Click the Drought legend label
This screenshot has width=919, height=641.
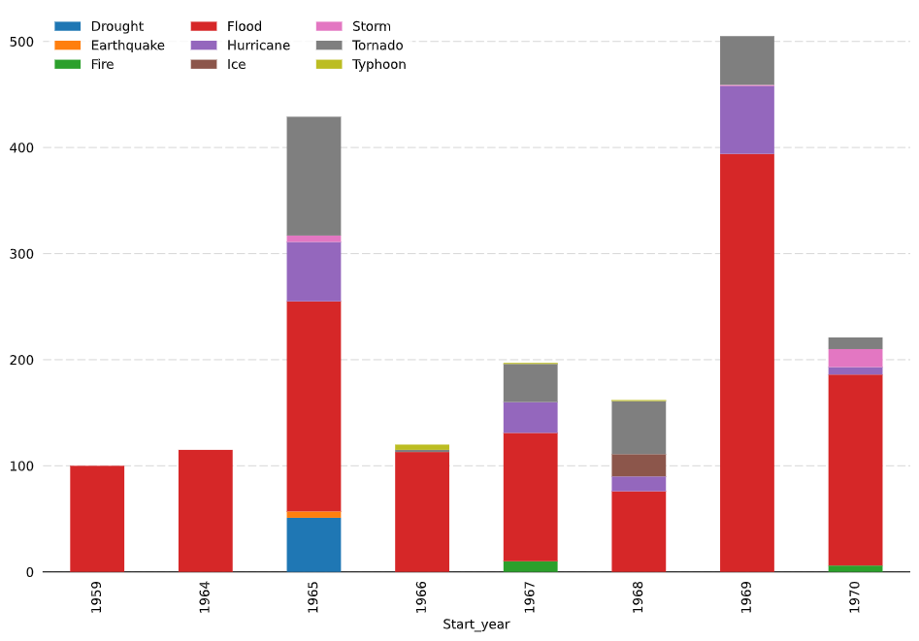tap(116, 26)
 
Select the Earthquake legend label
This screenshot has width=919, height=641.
tap(127, 46)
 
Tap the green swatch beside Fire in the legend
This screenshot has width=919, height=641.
tap(68, 65)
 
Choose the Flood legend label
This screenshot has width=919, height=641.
tap(244, 26)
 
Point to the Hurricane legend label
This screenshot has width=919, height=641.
tap(258, 46)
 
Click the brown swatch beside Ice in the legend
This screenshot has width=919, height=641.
tap(204, 65)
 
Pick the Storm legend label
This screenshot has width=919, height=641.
tap(371, 26)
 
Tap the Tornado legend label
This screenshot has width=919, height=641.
tap(377, 46)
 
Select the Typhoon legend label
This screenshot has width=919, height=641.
tap(378, 65)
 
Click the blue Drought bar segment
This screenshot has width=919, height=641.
tap(313, 544)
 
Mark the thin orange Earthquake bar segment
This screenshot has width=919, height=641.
tap(313, 514)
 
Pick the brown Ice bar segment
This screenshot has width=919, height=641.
tap(639, 465)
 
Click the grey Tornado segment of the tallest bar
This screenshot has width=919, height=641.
tap(746, 60)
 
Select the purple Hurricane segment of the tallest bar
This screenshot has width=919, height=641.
tap(746, 119)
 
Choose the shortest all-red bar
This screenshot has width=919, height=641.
tap(97, 518)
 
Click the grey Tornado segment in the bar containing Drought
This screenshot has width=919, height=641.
tap(313, 176)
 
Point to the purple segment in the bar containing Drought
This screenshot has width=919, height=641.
tap(313, 272)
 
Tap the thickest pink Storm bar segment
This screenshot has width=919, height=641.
tap(855, 358)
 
